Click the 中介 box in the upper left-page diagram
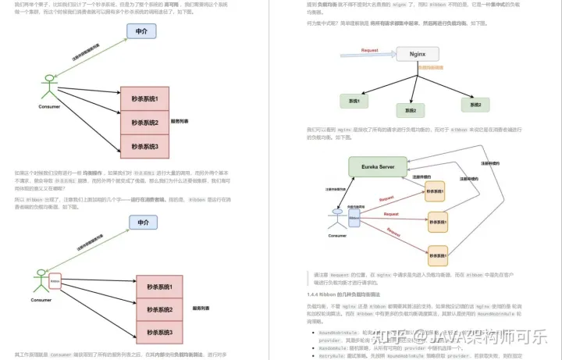(142, 32)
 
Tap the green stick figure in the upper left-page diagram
(50, 86)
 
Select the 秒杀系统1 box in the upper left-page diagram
(144, 99)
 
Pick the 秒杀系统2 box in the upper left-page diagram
(144, 123)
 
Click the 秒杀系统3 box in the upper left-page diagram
(144, 146)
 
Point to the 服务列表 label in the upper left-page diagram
(180, 122)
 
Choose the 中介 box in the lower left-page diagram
(143, 223)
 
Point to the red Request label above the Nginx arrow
(370, 50)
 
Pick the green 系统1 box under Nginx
(354, 101)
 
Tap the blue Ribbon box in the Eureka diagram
(354, 219)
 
